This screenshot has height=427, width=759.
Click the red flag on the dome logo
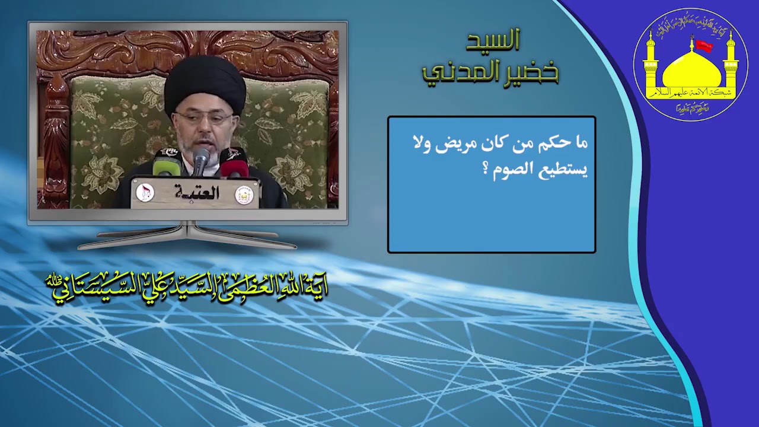click(x=703, y=46)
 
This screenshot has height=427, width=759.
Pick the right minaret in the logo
click(x=730, y=62)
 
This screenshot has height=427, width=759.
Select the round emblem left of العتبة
click(x=145, y=192)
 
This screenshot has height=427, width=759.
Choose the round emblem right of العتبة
click(x=244, y=195)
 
